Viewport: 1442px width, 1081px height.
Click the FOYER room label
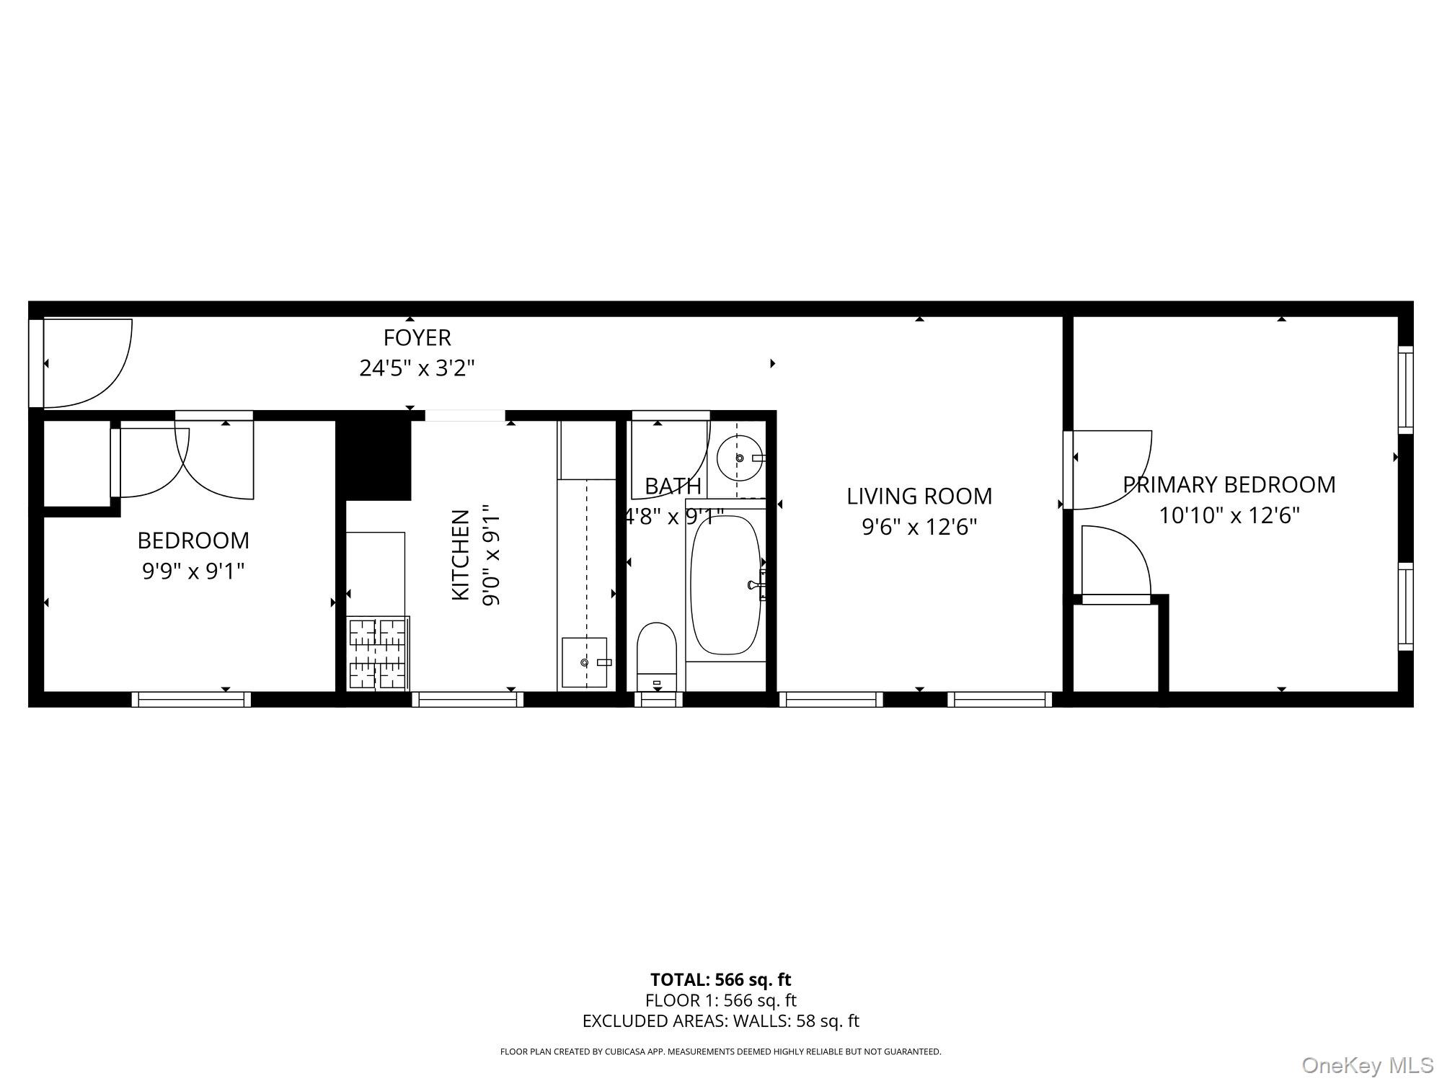pyautogui.click(x=417, y=337)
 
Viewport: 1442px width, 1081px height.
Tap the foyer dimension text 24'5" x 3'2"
pyautogui.click(x=417, y=369)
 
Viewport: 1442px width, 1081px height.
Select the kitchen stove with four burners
pyautogui.click(x=379, y=653)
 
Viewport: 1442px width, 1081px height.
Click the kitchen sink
pyautogui.click(x=585, y=662)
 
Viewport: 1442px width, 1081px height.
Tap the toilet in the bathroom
pyautogui.click(x=656, y=656)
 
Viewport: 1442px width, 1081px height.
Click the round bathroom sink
pyautogui.click(x=740, y=457)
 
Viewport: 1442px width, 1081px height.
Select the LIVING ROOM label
pyautogui.click(x=919, y=496)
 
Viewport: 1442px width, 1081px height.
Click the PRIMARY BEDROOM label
pyautogui.click(x=1229, y=484)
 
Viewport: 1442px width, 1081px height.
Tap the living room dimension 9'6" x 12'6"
pyautogui.click(x=919, y=528)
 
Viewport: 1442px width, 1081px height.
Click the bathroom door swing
pyautogui.click(x=669, y=458)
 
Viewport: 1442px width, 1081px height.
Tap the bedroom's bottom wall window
pyautogui.click(x=191, y=699)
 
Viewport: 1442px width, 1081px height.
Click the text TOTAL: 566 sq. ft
pyautogui.click(x=720, y=979)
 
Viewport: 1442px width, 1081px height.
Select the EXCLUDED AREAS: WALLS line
pyautogui.click(x=720, y=1021)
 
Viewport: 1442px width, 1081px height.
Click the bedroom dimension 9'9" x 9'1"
pyautogui.click(x=193, y=571)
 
